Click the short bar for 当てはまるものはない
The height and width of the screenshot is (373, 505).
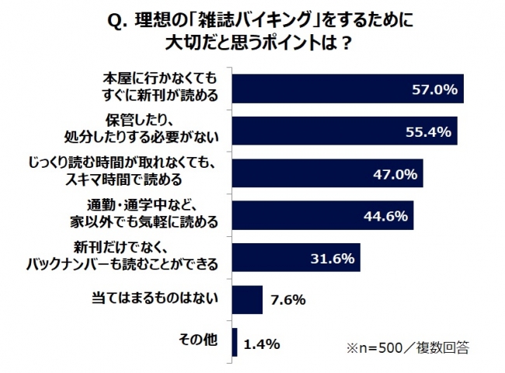pyautogui.click(x=248, y=299)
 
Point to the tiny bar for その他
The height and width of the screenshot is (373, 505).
pyautogui.click(x=236, y=341)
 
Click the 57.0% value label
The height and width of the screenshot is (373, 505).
pyautogui.click(x=434, y=89)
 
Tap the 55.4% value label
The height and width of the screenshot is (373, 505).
pyautogui.click(x=428, y=132)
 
